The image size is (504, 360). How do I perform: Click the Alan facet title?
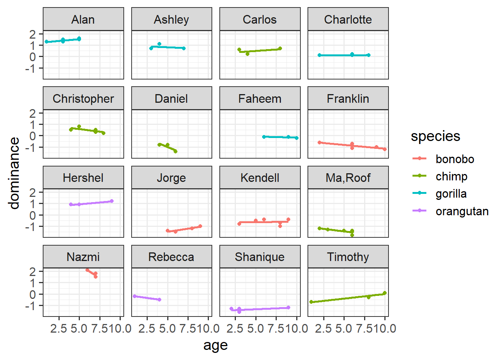coord(83,19)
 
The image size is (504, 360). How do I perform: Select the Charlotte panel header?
coord(348,19)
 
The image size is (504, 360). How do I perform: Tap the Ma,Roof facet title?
coord(348,178)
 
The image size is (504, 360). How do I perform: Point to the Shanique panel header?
coord(259,257)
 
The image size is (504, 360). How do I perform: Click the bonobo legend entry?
coord(454,159)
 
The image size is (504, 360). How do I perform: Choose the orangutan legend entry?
coord(462,211)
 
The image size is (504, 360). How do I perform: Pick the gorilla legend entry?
coord(451,194)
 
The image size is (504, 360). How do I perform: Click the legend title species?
coord(435,136)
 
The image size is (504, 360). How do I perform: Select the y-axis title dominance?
coord(14,173)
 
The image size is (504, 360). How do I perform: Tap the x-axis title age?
coord(216,345)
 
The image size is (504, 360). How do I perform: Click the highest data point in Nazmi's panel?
coord(87,270)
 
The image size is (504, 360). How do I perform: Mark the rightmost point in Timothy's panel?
coord(385,293)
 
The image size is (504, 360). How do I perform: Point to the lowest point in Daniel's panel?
coord(175,151)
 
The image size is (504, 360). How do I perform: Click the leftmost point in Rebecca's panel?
coord(135,296)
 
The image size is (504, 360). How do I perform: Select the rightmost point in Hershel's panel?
coord(112,201)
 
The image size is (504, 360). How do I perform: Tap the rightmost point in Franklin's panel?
coord(385,149)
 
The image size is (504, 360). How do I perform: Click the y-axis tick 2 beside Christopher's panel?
coord(33,113)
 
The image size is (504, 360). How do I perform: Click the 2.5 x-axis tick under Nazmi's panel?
coord(58,329)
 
